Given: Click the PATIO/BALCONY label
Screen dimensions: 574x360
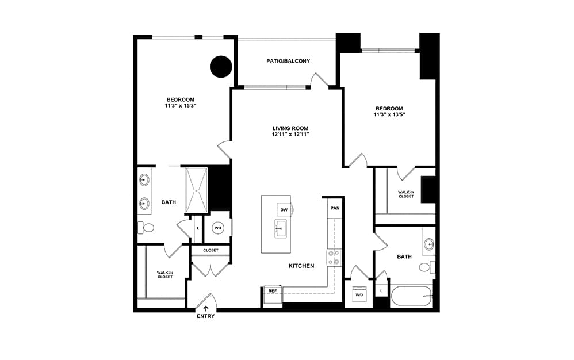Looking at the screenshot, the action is pos(288,61).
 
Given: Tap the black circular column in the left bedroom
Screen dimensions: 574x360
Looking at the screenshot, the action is pos(221,67).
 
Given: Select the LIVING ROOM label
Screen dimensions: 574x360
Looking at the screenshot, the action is pos(290,128).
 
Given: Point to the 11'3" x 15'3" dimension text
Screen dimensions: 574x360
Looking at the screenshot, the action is pos(181,106).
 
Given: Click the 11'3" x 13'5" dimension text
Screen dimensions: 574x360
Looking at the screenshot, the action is pos(389,114).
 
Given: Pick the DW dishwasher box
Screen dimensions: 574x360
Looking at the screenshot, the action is pos(284,210).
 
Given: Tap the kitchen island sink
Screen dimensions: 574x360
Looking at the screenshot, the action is pos(281,229).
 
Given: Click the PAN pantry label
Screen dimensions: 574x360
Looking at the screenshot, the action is pos(335,208).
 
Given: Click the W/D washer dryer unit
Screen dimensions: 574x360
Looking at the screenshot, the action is pos(359,294).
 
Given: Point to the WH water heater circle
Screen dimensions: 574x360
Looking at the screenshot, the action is pos(218,228).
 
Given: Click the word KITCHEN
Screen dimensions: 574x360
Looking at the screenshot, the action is pos(301,266).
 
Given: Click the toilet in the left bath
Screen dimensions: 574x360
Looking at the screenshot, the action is pos(146,228).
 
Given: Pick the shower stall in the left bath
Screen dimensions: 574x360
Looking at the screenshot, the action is pos(196,190).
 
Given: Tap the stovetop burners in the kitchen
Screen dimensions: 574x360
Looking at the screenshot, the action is pos(334,257).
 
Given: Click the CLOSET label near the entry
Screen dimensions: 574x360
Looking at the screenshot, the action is pos(211,250).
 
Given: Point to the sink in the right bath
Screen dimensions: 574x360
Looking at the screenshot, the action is pos(429,243).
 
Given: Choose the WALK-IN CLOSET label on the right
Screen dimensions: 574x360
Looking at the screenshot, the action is pos(406,194).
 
